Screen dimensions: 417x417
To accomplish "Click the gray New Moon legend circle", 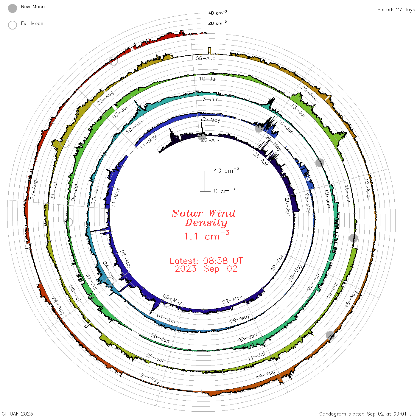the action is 12,8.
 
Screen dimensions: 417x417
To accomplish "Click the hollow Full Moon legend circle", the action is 12,25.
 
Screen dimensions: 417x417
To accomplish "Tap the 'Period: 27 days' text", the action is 396,10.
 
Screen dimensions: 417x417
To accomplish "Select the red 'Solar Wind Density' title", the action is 204,218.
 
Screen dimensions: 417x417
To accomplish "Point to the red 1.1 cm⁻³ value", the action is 206,235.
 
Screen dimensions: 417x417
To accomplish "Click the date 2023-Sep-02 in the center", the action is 206,269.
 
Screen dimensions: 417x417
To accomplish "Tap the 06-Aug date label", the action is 205,58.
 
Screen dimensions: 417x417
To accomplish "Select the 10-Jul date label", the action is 208,79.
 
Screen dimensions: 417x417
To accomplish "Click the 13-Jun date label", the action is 209,99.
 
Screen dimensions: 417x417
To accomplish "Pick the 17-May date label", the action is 210,120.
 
